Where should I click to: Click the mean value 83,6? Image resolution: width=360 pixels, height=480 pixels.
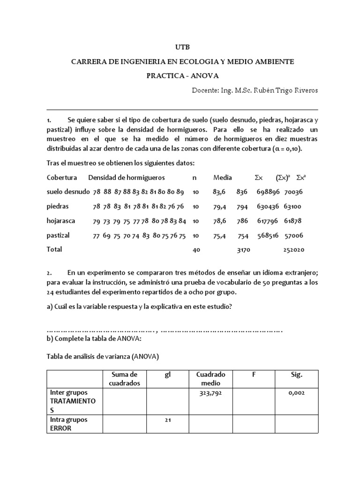pos(219,192)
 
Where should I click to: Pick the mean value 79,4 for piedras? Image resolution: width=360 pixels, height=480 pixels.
pos(219,206)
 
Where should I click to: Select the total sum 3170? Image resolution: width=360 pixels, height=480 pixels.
pos(244,250)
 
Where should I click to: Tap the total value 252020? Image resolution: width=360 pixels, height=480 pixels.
pos(294,250)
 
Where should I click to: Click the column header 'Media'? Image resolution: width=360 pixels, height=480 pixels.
pos(223,177)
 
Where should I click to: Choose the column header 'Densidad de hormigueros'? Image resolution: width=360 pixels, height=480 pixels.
pos(126,177)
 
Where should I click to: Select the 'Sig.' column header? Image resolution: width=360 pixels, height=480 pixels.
pos(296,375)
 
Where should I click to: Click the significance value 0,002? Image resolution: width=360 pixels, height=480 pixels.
pos(296,393)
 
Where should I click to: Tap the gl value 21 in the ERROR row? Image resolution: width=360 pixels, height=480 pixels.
pos(166,420)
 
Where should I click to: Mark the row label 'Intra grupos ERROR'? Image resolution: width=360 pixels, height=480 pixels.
pos(68,424)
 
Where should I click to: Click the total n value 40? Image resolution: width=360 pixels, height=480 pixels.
pos(196,250)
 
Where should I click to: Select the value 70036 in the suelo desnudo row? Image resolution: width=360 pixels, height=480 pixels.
pos(294,192)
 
